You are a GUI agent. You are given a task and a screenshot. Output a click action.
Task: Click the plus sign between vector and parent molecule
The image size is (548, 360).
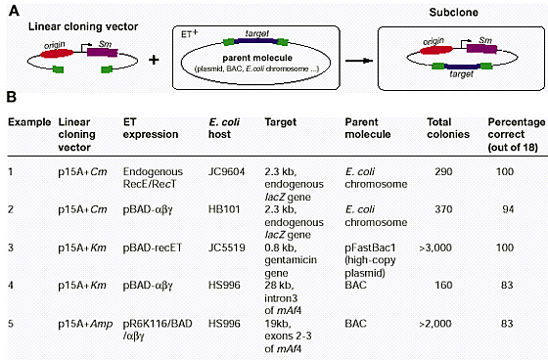(x=154, y=60)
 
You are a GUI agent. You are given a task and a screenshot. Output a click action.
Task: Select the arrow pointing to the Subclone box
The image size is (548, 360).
(x=359, y=61)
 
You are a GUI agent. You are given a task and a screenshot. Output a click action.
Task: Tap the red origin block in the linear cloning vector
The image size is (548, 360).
(x=57, y=54)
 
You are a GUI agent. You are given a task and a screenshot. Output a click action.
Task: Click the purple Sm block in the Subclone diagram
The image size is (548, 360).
(x=481, y=49)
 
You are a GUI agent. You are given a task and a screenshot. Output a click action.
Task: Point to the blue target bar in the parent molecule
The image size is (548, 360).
(x=255, y=41)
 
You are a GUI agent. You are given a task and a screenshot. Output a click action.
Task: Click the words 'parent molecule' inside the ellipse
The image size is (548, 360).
(x=257, y=58)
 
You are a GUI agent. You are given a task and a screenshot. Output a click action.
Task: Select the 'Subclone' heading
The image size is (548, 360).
(x=453, y=13)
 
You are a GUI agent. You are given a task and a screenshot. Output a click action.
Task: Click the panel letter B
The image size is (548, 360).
(x=12, y=97)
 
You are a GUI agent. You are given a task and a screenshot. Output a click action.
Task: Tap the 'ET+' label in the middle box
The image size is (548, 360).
(x=190, y=34)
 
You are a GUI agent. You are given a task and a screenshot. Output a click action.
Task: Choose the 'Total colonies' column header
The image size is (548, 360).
(x=448, y=128)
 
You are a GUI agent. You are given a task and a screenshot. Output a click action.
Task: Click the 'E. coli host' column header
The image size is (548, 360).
(x=224, y=128)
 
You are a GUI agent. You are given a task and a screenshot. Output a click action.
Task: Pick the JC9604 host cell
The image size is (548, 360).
(x=226, y=171)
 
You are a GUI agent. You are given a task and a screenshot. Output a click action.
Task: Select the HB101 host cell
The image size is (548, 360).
(x=224, y=209)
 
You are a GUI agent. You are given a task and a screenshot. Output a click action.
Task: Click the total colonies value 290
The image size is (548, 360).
(x=443, y=171)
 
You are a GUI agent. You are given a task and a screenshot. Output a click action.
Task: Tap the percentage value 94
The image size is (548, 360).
(x=508, y=209)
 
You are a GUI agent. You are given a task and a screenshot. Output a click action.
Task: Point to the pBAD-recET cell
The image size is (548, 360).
(x=153, y=247)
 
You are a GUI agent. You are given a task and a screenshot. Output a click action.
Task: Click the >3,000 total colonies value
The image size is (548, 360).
(x=435, y=247)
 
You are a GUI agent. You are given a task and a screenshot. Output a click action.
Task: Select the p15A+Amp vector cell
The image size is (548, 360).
(x=85, y=324)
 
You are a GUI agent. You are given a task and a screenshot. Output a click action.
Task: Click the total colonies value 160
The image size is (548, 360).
(x=443, y=286)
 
